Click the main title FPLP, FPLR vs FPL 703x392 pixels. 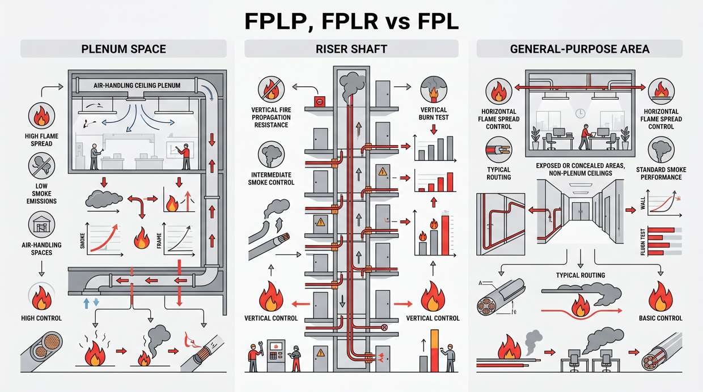[351, 21]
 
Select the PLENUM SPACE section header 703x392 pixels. [123, 49]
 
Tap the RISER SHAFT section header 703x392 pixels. [351, 49]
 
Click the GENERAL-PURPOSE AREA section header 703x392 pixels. [579, 49]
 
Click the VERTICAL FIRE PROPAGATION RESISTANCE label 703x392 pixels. [270, 117]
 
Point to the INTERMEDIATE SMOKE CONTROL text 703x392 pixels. [272, 178]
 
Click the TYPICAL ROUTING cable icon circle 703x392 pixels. [498, 151]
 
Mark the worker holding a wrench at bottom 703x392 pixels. [253, 356]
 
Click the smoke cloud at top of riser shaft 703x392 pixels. [351, 84]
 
